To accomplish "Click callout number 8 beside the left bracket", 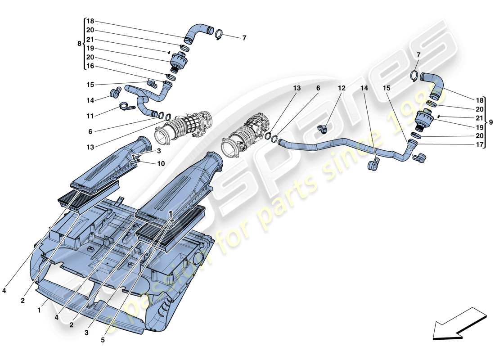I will click(80, 44).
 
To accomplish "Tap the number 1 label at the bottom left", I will click(39, 310).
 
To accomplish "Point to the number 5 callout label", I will click(103, 341).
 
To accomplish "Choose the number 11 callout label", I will click(90, 116).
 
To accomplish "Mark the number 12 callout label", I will click(342, 89).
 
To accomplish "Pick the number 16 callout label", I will click(90, 66).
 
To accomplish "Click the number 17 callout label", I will click(480, 145).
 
